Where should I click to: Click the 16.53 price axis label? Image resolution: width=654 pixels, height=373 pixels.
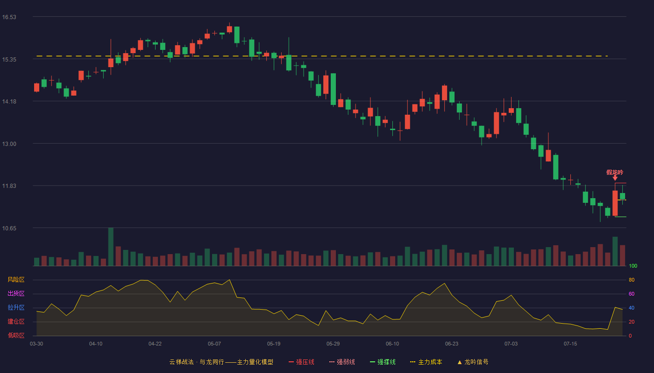pos(9,17)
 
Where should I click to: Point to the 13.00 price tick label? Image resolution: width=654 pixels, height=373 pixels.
pos(9,144)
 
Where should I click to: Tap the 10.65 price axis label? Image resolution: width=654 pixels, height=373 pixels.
pos(9,228)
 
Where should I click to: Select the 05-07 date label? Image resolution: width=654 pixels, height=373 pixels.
pos(214,344)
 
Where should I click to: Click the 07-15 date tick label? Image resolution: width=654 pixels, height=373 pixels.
pos(570,344)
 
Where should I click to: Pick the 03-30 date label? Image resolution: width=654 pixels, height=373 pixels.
pos(36,344)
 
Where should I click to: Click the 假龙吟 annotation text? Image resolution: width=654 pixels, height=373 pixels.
pos(615,172)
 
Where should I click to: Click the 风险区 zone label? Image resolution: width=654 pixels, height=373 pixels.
pos(16,280)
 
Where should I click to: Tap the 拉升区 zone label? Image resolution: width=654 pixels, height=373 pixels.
pos(16,308)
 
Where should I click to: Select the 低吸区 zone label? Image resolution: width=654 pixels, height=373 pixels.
pos(16,336)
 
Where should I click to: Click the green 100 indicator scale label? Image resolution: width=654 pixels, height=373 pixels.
pos(633,266)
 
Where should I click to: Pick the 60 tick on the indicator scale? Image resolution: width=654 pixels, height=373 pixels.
pos(632,294)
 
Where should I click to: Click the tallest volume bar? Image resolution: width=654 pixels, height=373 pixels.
pos(111,247)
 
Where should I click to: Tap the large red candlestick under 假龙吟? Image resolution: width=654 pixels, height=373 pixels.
pos(615,203)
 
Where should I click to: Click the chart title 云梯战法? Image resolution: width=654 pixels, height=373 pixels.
pos(181,362)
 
